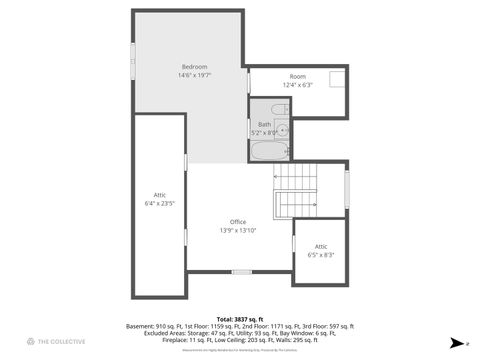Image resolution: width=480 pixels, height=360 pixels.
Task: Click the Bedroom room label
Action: [194, 66]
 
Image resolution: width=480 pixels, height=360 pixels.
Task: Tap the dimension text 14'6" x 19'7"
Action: [194, 75]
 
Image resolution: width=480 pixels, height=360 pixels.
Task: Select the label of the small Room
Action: [298, 76]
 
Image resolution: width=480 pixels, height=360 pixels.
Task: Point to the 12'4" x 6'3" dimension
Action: [298, 85]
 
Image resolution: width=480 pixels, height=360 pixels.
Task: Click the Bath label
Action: [264, 124]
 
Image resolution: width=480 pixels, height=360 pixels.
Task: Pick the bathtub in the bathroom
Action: [267, 152]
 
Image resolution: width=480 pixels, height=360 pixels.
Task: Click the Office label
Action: [238, 221]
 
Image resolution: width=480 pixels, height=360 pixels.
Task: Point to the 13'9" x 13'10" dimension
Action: [238, 230]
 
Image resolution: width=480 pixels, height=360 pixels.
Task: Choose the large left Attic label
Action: [160, 194]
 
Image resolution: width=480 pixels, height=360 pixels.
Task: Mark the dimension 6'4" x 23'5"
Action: [160, 203]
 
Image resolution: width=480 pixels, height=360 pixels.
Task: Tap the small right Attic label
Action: [320, 246]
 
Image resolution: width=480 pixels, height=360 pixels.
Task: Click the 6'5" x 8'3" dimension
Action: [320, 255]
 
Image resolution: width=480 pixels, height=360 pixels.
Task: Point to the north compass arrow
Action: [457, 342]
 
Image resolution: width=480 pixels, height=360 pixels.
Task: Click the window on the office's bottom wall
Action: [241, 271]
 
